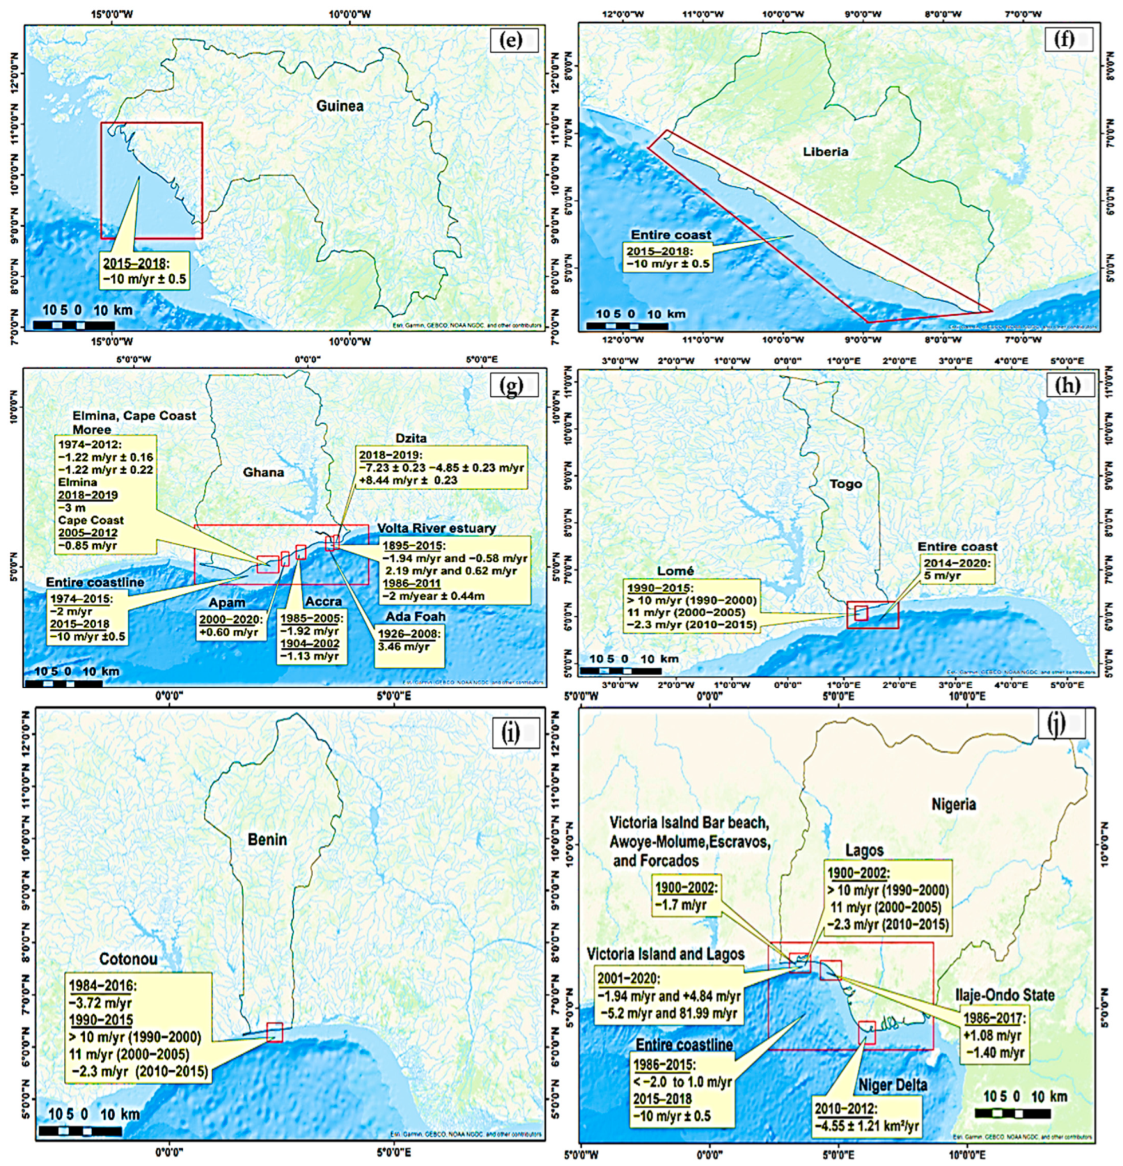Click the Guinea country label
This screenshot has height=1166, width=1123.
(x=340, y=106)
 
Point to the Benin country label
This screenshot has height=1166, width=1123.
(x=267, y=840)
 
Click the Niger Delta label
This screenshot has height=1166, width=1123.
(x=893, y=1086)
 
